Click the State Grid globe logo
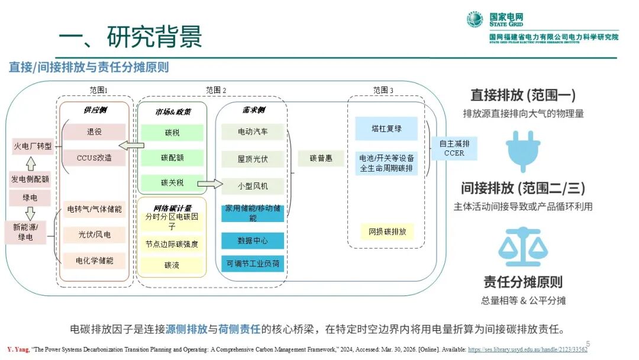[x=475, y=20]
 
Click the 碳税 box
[x=172, y=133]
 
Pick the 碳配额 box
[x=172, y=158]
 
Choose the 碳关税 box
[x=172, y=182]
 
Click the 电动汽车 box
[x=253, y=131]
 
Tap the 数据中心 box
[x=253, y=241]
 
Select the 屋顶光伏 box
[x=253, y=159]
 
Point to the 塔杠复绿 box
[x=386, y=128]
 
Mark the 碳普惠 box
[x=321, y=159]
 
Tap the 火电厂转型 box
[x=33, y=146]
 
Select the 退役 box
[x=95, y=132]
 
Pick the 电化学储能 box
[x=95, y=260]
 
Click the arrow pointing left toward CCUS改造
[x=131, y=146]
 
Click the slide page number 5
[x=588, y=343]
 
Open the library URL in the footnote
[x=528, y=350]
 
